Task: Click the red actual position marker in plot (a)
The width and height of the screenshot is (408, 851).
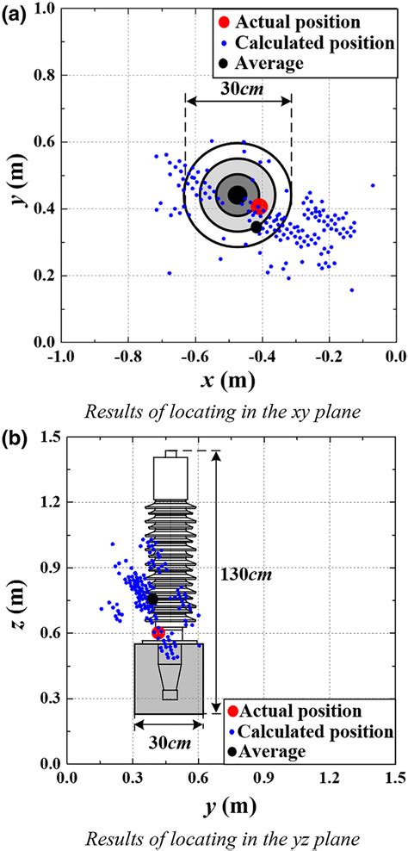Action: (x=259, y=206)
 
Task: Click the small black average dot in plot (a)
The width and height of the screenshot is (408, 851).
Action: (x=257, y=227)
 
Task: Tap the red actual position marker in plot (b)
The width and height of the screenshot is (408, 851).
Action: (x=158, y=632)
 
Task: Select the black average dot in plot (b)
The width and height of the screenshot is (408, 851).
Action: (x=153, y=599)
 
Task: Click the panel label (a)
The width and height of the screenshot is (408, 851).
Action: (x=14, y=13)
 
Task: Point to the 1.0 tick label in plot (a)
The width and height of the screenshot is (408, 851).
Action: (x=35, y=9)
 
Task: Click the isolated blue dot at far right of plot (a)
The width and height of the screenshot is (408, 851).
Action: (x=373, y=185)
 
